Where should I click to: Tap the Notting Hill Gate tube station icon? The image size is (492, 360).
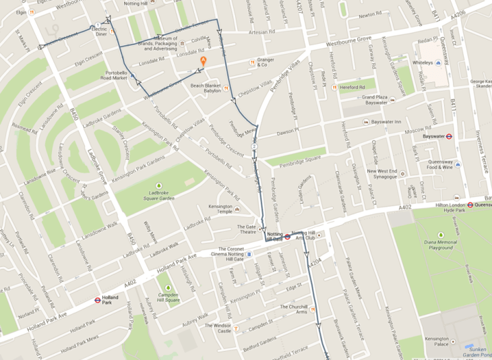coord(288,237)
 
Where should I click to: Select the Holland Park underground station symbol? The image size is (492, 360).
coord(98,300)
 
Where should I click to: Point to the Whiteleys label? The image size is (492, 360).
coord(422,63)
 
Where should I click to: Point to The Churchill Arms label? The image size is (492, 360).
coord(293,309)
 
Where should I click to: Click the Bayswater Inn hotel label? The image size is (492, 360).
coord(388,122)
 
